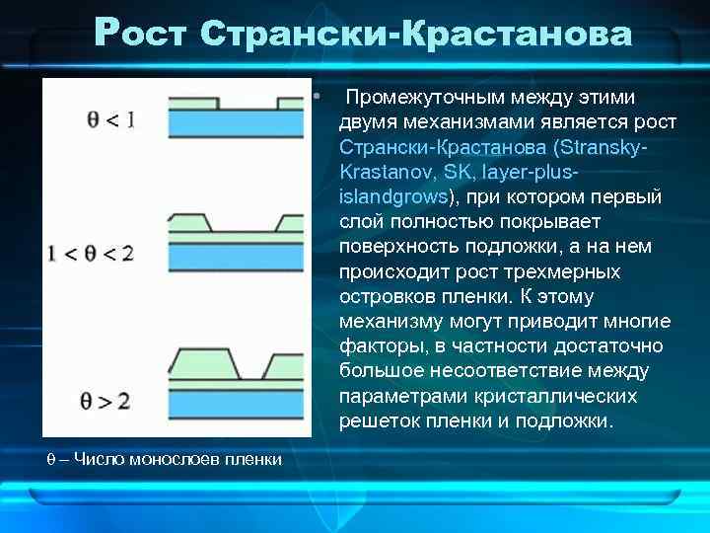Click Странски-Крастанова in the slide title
coord(414,34)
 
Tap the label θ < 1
coord(109,120)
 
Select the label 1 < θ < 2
coord(90,253)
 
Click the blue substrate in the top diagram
coord(236,123)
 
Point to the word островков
coord(384,296)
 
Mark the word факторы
coord(376,346)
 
